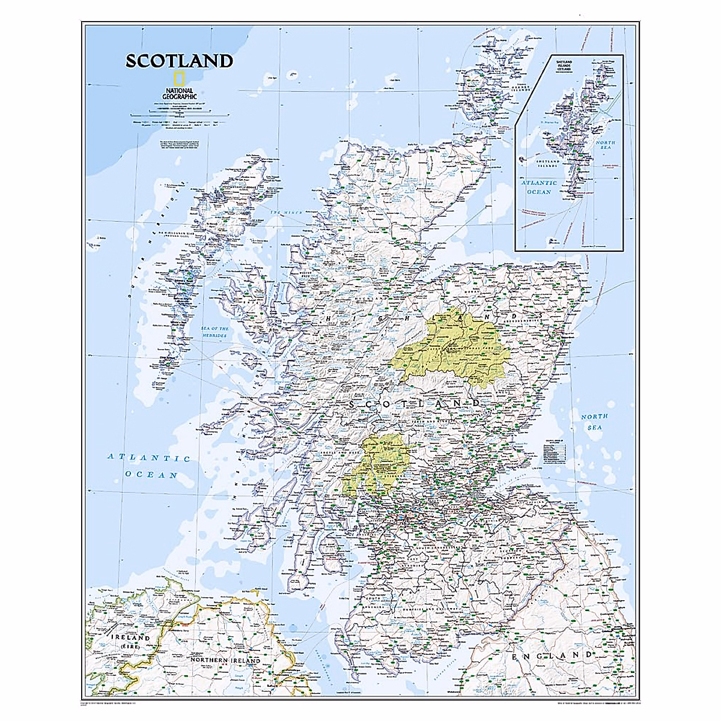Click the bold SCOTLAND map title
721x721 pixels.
tap(178, 61)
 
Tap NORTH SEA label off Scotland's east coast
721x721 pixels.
tap(594, 421)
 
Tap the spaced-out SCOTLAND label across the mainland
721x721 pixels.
tap(415, 405)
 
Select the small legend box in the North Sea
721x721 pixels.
tap(555, 452)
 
